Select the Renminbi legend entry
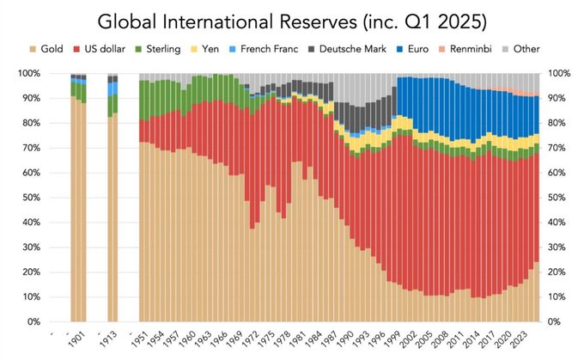coord(473,50)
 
